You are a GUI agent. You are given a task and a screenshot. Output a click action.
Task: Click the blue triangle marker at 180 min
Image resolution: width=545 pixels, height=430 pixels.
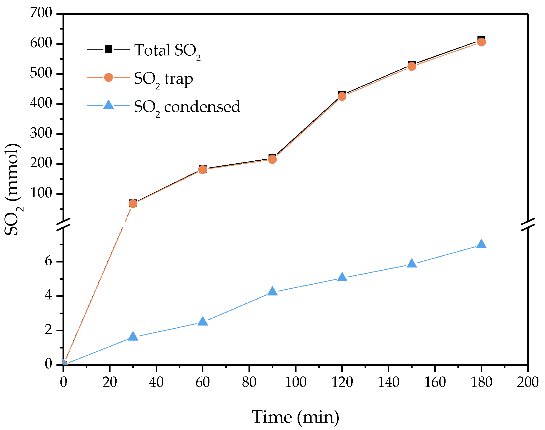(481, 244)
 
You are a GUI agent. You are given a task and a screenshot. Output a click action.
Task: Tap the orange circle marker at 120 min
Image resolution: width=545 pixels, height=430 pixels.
(342, 97)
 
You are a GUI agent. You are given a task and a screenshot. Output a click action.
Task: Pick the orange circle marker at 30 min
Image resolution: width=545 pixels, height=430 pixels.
(133, 204)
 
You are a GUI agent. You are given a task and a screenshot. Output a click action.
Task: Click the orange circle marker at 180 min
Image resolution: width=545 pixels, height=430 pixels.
(481, 42)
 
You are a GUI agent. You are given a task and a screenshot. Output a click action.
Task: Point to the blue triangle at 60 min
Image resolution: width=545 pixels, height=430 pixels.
(203, 322)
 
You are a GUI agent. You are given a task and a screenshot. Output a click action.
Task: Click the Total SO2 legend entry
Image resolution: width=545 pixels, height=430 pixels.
(168, 50)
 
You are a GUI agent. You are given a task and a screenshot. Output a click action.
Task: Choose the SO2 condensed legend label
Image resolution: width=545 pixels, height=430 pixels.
(187, 107)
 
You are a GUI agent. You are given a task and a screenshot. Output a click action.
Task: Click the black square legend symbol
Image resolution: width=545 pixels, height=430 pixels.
(108, 49)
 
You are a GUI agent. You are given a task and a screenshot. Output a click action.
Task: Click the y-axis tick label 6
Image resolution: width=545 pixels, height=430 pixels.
(49, 261)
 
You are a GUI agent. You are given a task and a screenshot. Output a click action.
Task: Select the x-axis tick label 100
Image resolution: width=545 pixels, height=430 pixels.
(295, 382)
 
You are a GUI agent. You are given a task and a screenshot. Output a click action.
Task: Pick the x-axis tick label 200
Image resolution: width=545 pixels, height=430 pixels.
(528, 382)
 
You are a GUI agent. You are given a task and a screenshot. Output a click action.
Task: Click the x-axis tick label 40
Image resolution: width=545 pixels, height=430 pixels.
(156, 382)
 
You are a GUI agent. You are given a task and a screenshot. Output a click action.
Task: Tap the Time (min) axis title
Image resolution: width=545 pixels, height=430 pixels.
(295, 417)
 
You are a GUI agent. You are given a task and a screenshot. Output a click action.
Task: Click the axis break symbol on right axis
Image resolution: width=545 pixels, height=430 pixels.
(528, 225)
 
